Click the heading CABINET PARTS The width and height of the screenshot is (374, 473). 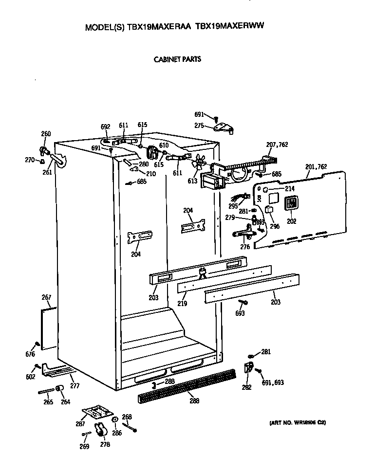177,60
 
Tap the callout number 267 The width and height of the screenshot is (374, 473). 46,297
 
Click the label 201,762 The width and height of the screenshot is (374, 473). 316,167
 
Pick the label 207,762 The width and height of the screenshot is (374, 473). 277,144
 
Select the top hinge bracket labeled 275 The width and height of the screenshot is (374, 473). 223,127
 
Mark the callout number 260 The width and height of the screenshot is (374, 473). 46,134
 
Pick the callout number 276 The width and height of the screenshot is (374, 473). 245,247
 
